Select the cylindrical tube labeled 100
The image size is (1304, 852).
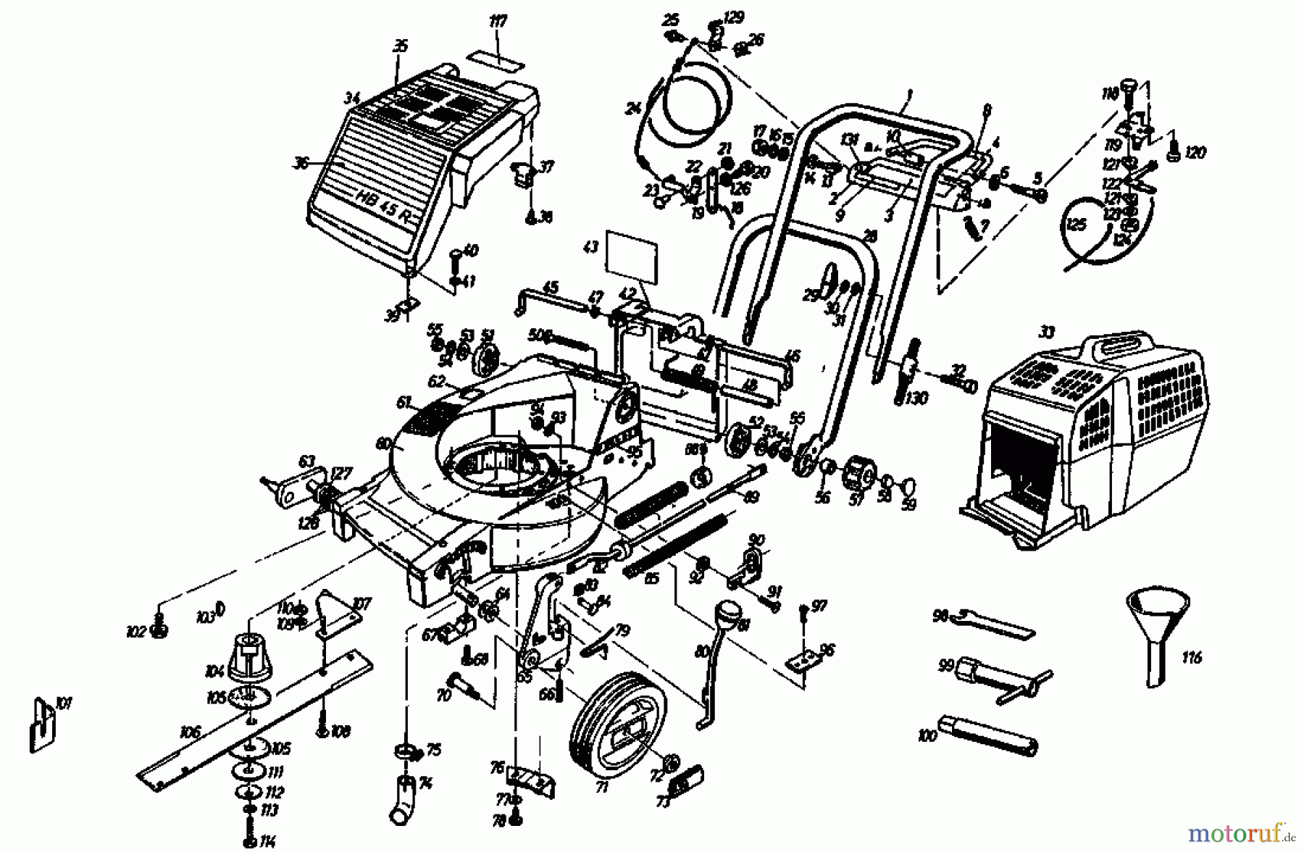point(988,735)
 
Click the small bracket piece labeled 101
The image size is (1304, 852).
point(41,724)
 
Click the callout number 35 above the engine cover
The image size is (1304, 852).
point(400,47)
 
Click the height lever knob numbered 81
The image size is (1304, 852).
point(728,615)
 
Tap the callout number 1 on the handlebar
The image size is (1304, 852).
point(908,93)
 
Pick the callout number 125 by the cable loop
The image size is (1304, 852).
point(1077,225)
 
